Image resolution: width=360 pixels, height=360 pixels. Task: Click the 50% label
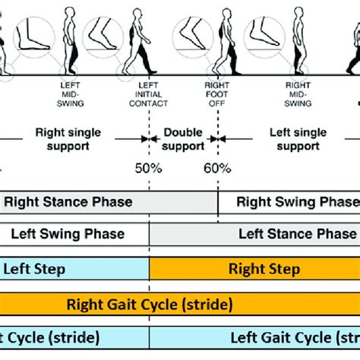point(148,169)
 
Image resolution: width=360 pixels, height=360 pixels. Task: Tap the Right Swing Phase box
point(289,202)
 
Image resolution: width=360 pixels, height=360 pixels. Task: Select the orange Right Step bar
point(254,269)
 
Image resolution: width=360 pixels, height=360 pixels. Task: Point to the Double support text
point(182,138)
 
